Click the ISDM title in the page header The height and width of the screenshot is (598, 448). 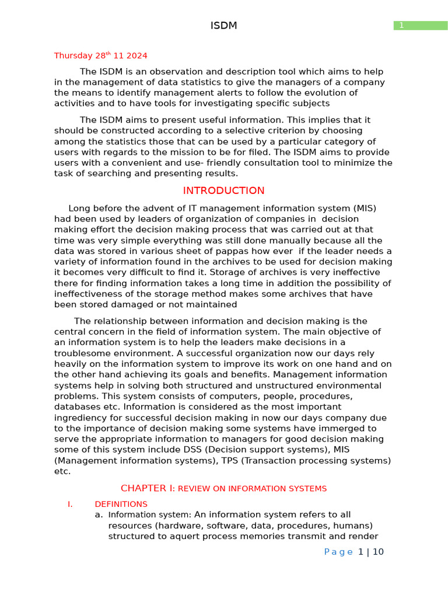tap(223, 26)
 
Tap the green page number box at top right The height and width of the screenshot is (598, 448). tap(420, 25)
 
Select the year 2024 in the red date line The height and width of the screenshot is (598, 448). tap(135, 56)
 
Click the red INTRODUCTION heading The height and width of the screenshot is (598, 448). tap(223, 191)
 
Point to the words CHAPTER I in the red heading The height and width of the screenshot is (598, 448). tap(146, 488)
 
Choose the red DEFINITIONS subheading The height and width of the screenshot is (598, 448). tap(121, 504)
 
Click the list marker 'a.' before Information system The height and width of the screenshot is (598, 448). tap(99, 515)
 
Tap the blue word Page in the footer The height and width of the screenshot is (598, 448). tap(338, 552)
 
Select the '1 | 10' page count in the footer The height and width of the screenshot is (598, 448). tap(371, 552)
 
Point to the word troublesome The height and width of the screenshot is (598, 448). tap(83, 354)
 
